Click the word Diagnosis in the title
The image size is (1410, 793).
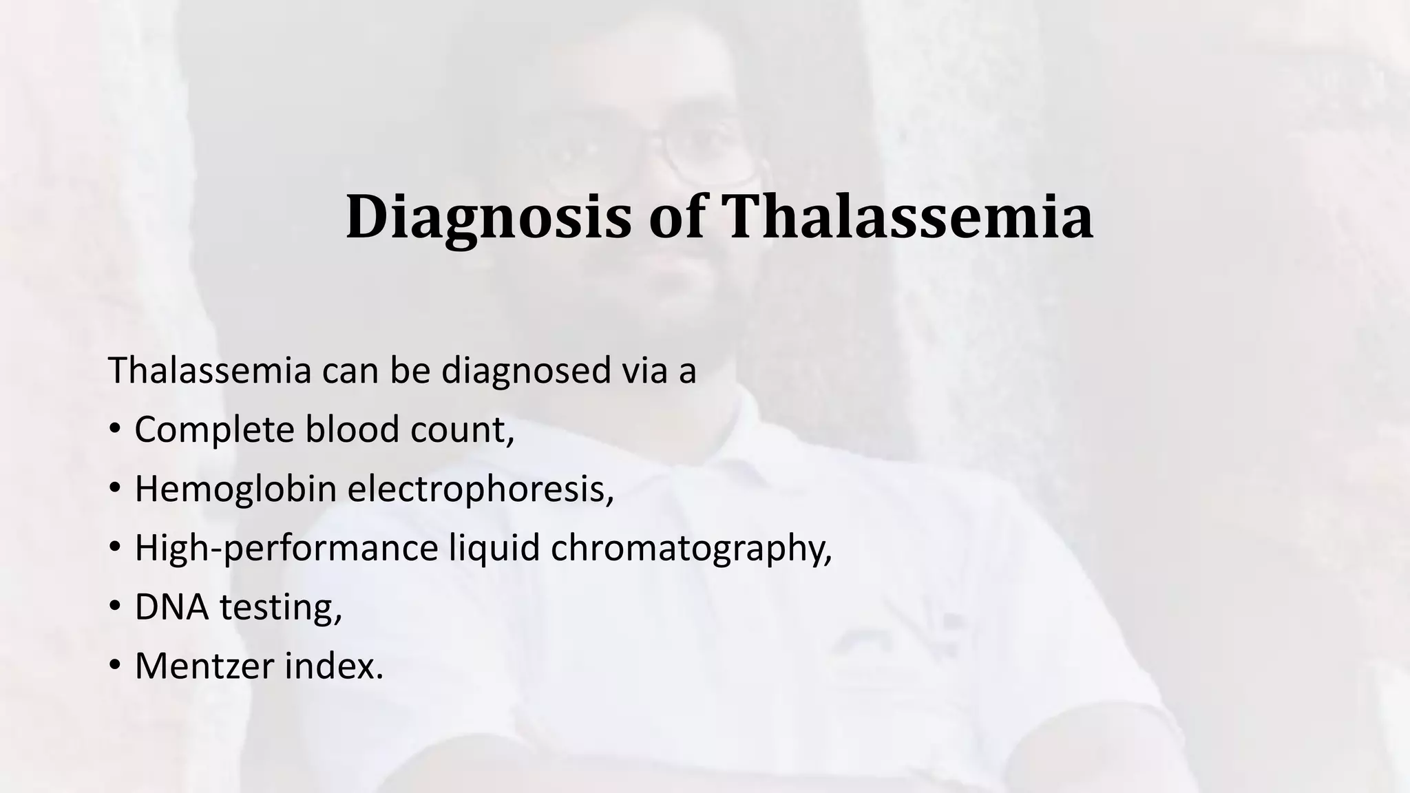coord(487,218)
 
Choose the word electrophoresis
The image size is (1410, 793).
coord(480,489)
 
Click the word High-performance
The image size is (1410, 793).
coord(286,548)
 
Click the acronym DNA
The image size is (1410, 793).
coord(171,607)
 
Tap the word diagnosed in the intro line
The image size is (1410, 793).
coord(526,370)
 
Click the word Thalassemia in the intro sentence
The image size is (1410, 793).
coord(210,370)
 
